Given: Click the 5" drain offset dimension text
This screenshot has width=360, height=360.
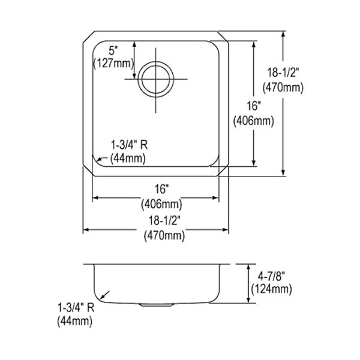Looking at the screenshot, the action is click(113, 51).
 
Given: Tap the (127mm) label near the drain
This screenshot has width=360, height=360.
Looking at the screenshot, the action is click(113, 63).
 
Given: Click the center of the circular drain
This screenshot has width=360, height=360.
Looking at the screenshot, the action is click(156, 79).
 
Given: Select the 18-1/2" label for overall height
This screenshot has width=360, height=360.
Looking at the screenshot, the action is click(283, 73).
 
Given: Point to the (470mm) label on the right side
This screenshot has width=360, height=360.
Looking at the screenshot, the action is click(283, 88).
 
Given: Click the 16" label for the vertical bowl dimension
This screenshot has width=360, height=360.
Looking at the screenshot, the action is click(254, 106).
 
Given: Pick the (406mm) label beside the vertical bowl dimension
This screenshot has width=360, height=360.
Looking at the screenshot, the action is click(254, 121).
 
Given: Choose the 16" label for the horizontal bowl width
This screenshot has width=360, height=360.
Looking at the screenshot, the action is click(161, 190).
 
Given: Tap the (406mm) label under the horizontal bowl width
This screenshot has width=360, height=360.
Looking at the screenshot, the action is click(161, 204).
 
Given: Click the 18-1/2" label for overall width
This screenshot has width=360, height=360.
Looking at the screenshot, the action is click(164, 221).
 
